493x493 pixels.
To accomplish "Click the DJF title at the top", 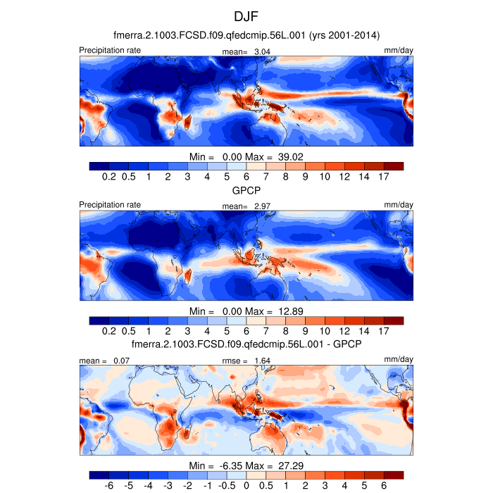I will [x=246, y=15].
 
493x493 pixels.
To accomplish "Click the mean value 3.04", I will [x=262, y=51].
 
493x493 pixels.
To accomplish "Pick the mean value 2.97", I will [x=262, y=206].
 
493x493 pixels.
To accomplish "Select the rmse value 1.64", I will [x=262, y=361].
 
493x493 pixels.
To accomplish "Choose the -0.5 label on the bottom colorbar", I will [x=227, y=486].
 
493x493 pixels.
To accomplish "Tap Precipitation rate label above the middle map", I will [x=110, y=205].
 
